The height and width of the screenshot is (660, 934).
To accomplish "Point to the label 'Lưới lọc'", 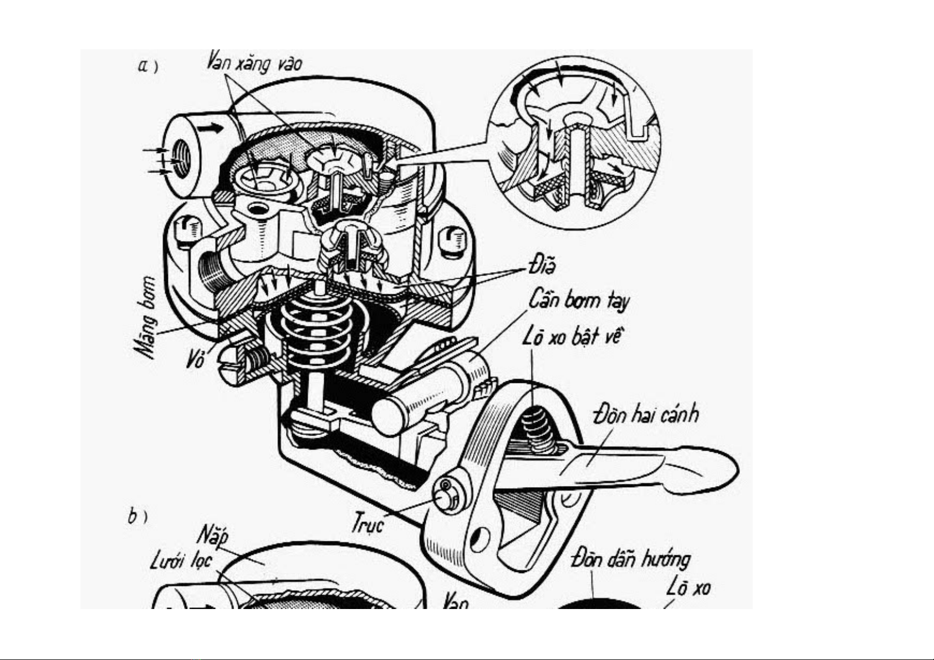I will [181, 561].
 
